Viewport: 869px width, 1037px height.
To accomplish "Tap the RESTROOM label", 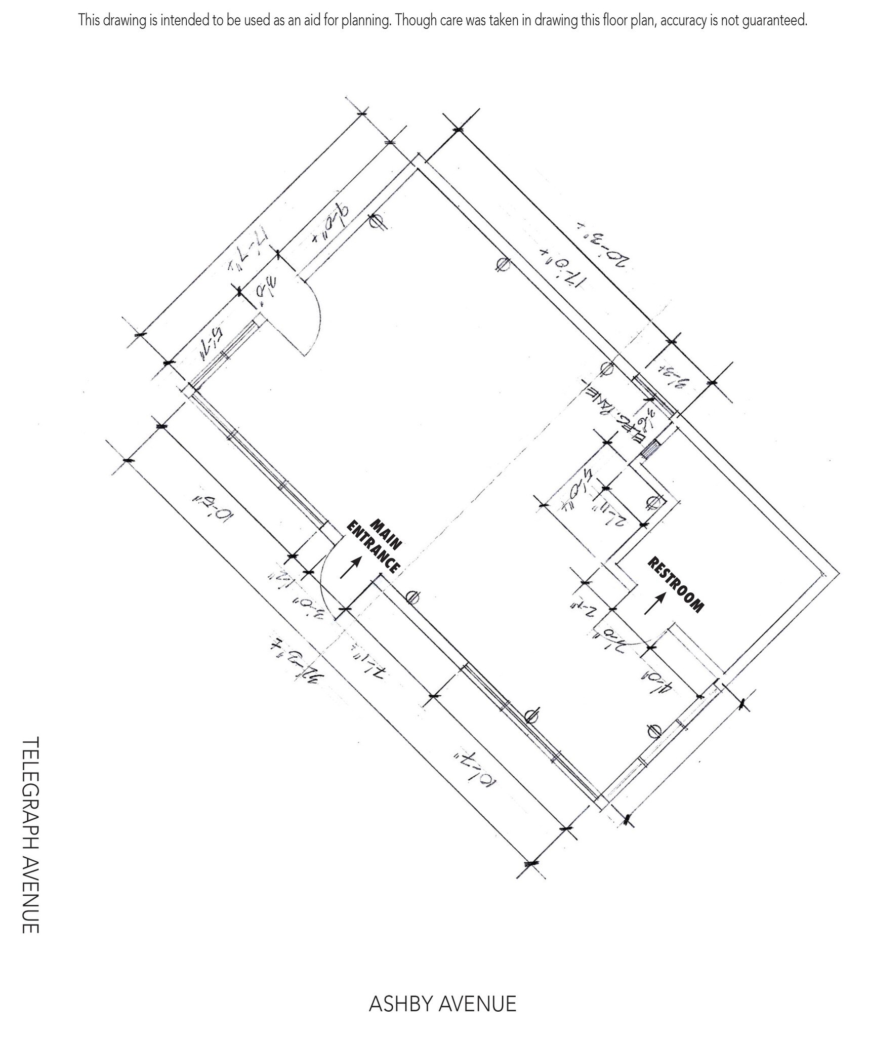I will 676,585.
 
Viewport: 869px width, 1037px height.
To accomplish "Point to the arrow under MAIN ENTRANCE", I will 351,567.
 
